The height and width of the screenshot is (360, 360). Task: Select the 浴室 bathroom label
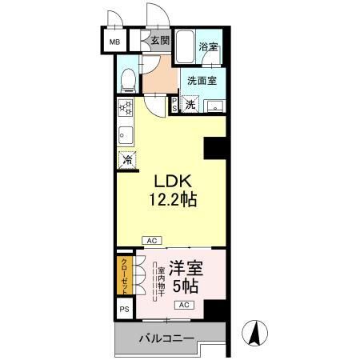[208, 47]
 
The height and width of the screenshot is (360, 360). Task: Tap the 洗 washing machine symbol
[190, 104]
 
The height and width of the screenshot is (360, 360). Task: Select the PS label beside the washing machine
[174, 105]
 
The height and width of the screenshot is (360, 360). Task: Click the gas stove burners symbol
[126, 107]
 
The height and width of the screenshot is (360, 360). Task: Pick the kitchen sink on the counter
[126, 134]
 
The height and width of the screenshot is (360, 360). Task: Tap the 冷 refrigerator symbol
[127, 160]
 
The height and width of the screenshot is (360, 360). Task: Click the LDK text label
[169, 182]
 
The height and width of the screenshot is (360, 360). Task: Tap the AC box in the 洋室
[183, 306]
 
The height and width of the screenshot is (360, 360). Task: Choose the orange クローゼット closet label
[125, 274]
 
